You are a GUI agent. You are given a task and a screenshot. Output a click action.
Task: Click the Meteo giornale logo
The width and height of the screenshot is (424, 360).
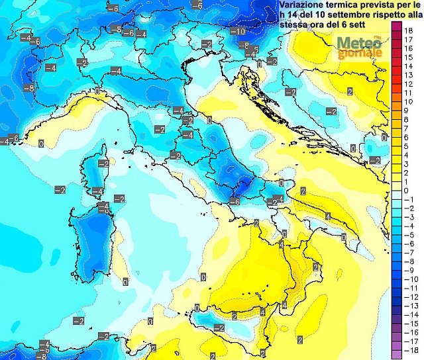(x=359, y=46)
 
